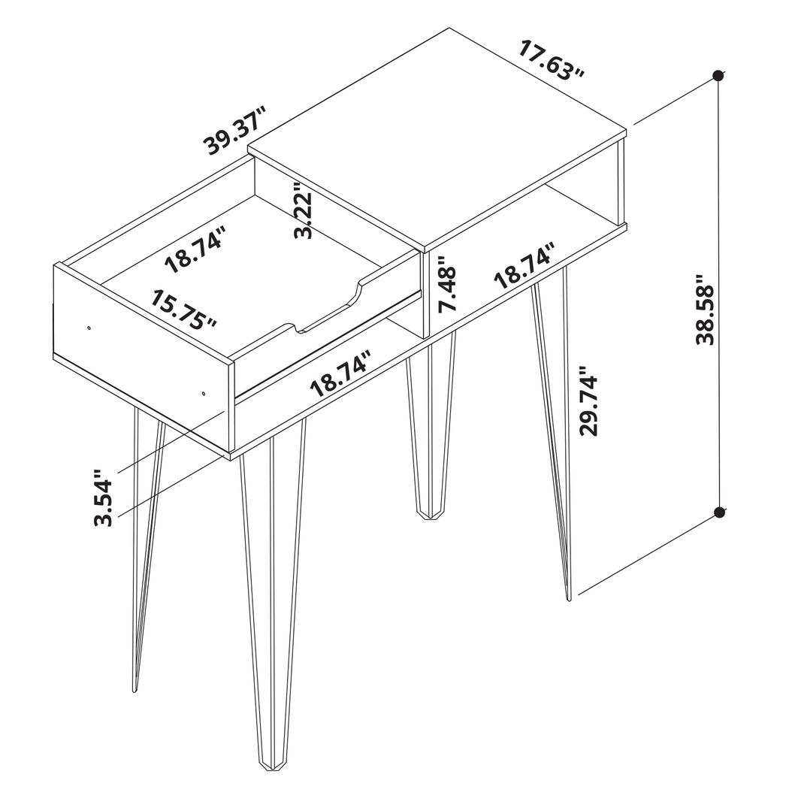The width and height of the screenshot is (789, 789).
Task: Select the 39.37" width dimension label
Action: (237, 131)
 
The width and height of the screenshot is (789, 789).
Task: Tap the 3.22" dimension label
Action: (304, 211)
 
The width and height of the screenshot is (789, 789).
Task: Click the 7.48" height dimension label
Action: (448, 290)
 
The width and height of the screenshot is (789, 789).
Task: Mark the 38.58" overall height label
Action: (706, 309)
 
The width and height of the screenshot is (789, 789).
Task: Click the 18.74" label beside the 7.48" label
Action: (524, 266)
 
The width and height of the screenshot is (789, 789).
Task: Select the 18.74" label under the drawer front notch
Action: (343, 373)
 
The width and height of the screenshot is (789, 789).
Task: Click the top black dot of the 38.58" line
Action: (718, 75)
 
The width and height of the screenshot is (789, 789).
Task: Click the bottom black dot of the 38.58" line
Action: (719, 512)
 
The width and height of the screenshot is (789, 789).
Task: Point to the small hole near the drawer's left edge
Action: (89, 328)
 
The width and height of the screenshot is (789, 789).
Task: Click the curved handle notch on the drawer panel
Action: (328, 311)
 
